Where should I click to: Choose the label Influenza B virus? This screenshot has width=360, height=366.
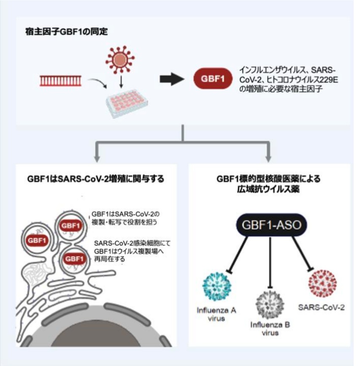tap(268, 329)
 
